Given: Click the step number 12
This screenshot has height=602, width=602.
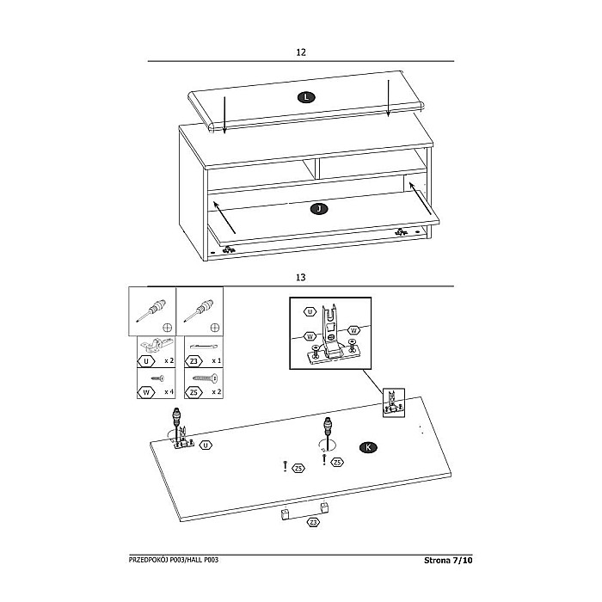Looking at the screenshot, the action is [301, 52].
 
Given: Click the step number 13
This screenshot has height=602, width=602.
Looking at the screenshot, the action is [301, 277].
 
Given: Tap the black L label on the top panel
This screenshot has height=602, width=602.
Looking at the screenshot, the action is [306, 97].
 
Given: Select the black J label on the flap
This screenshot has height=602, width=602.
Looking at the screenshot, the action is [319, 209].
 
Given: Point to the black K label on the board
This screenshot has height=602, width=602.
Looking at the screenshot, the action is [368, 447].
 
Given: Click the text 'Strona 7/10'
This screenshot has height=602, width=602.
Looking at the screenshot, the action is [448, 560].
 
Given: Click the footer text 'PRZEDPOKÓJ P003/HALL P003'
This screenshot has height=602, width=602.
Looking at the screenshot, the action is [174, 560].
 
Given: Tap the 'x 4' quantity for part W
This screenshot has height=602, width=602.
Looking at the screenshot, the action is [169, 392].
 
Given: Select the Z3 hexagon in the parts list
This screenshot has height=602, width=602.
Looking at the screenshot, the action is [193, 361].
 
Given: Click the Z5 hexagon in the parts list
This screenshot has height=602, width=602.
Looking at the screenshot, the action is [193, 392].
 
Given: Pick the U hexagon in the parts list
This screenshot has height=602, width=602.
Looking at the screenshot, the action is [146, 361].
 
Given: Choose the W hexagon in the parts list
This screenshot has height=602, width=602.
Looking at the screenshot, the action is [146, 392].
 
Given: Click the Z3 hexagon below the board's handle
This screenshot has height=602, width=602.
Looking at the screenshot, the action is [313, 523].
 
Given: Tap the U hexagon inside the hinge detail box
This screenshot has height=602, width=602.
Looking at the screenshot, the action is [310, 311].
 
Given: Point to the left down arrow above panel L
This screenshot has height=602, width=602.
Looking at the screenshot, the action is [224, 115].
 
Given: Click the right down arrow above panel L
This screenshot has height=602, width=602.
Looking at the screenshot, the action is [388, 98].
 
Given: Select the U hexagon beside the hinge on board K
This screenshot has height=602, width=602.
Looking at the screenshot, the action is [206, 445].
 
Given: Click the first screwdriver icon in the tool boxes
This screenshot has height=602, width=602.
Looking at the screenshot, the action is [151, 310].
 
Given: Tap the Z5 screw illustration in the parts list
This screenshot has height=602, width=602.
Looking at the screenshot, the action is [205, 378].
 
